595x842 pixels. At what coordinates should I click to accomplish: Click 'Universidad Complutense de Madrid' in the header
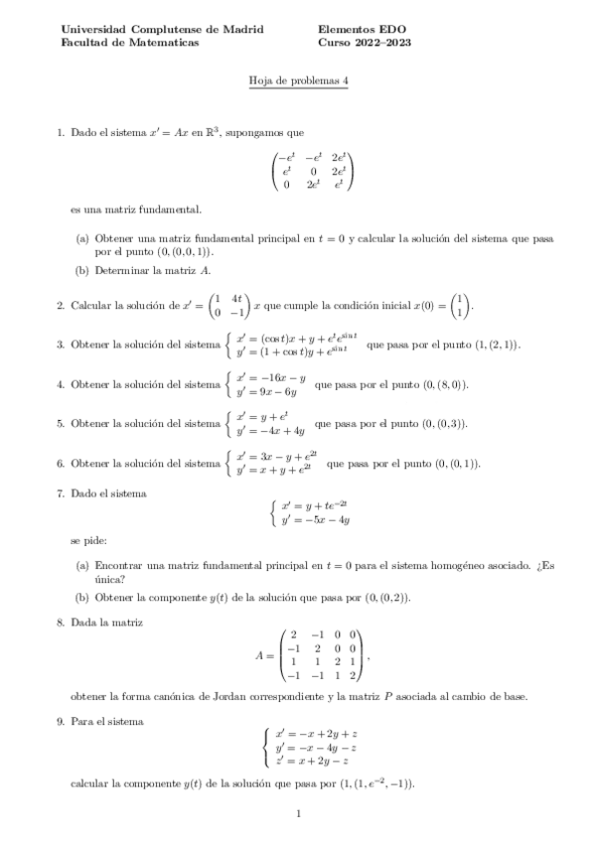[x=162, y=30]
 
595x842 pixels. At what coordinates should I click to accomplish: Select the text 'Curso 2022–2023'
[x=365, y=43]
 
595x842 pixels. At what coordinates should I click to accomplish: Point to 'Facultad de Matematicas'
[x=129, y=43]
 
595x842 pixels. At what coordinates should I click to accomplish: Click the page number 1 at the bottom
[x=297, y=814]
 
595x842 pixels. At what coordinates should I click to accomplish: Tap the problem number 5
[x=61, y=423]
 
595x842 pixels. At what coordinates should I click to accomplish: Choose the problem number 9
[x=61, y=722]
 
